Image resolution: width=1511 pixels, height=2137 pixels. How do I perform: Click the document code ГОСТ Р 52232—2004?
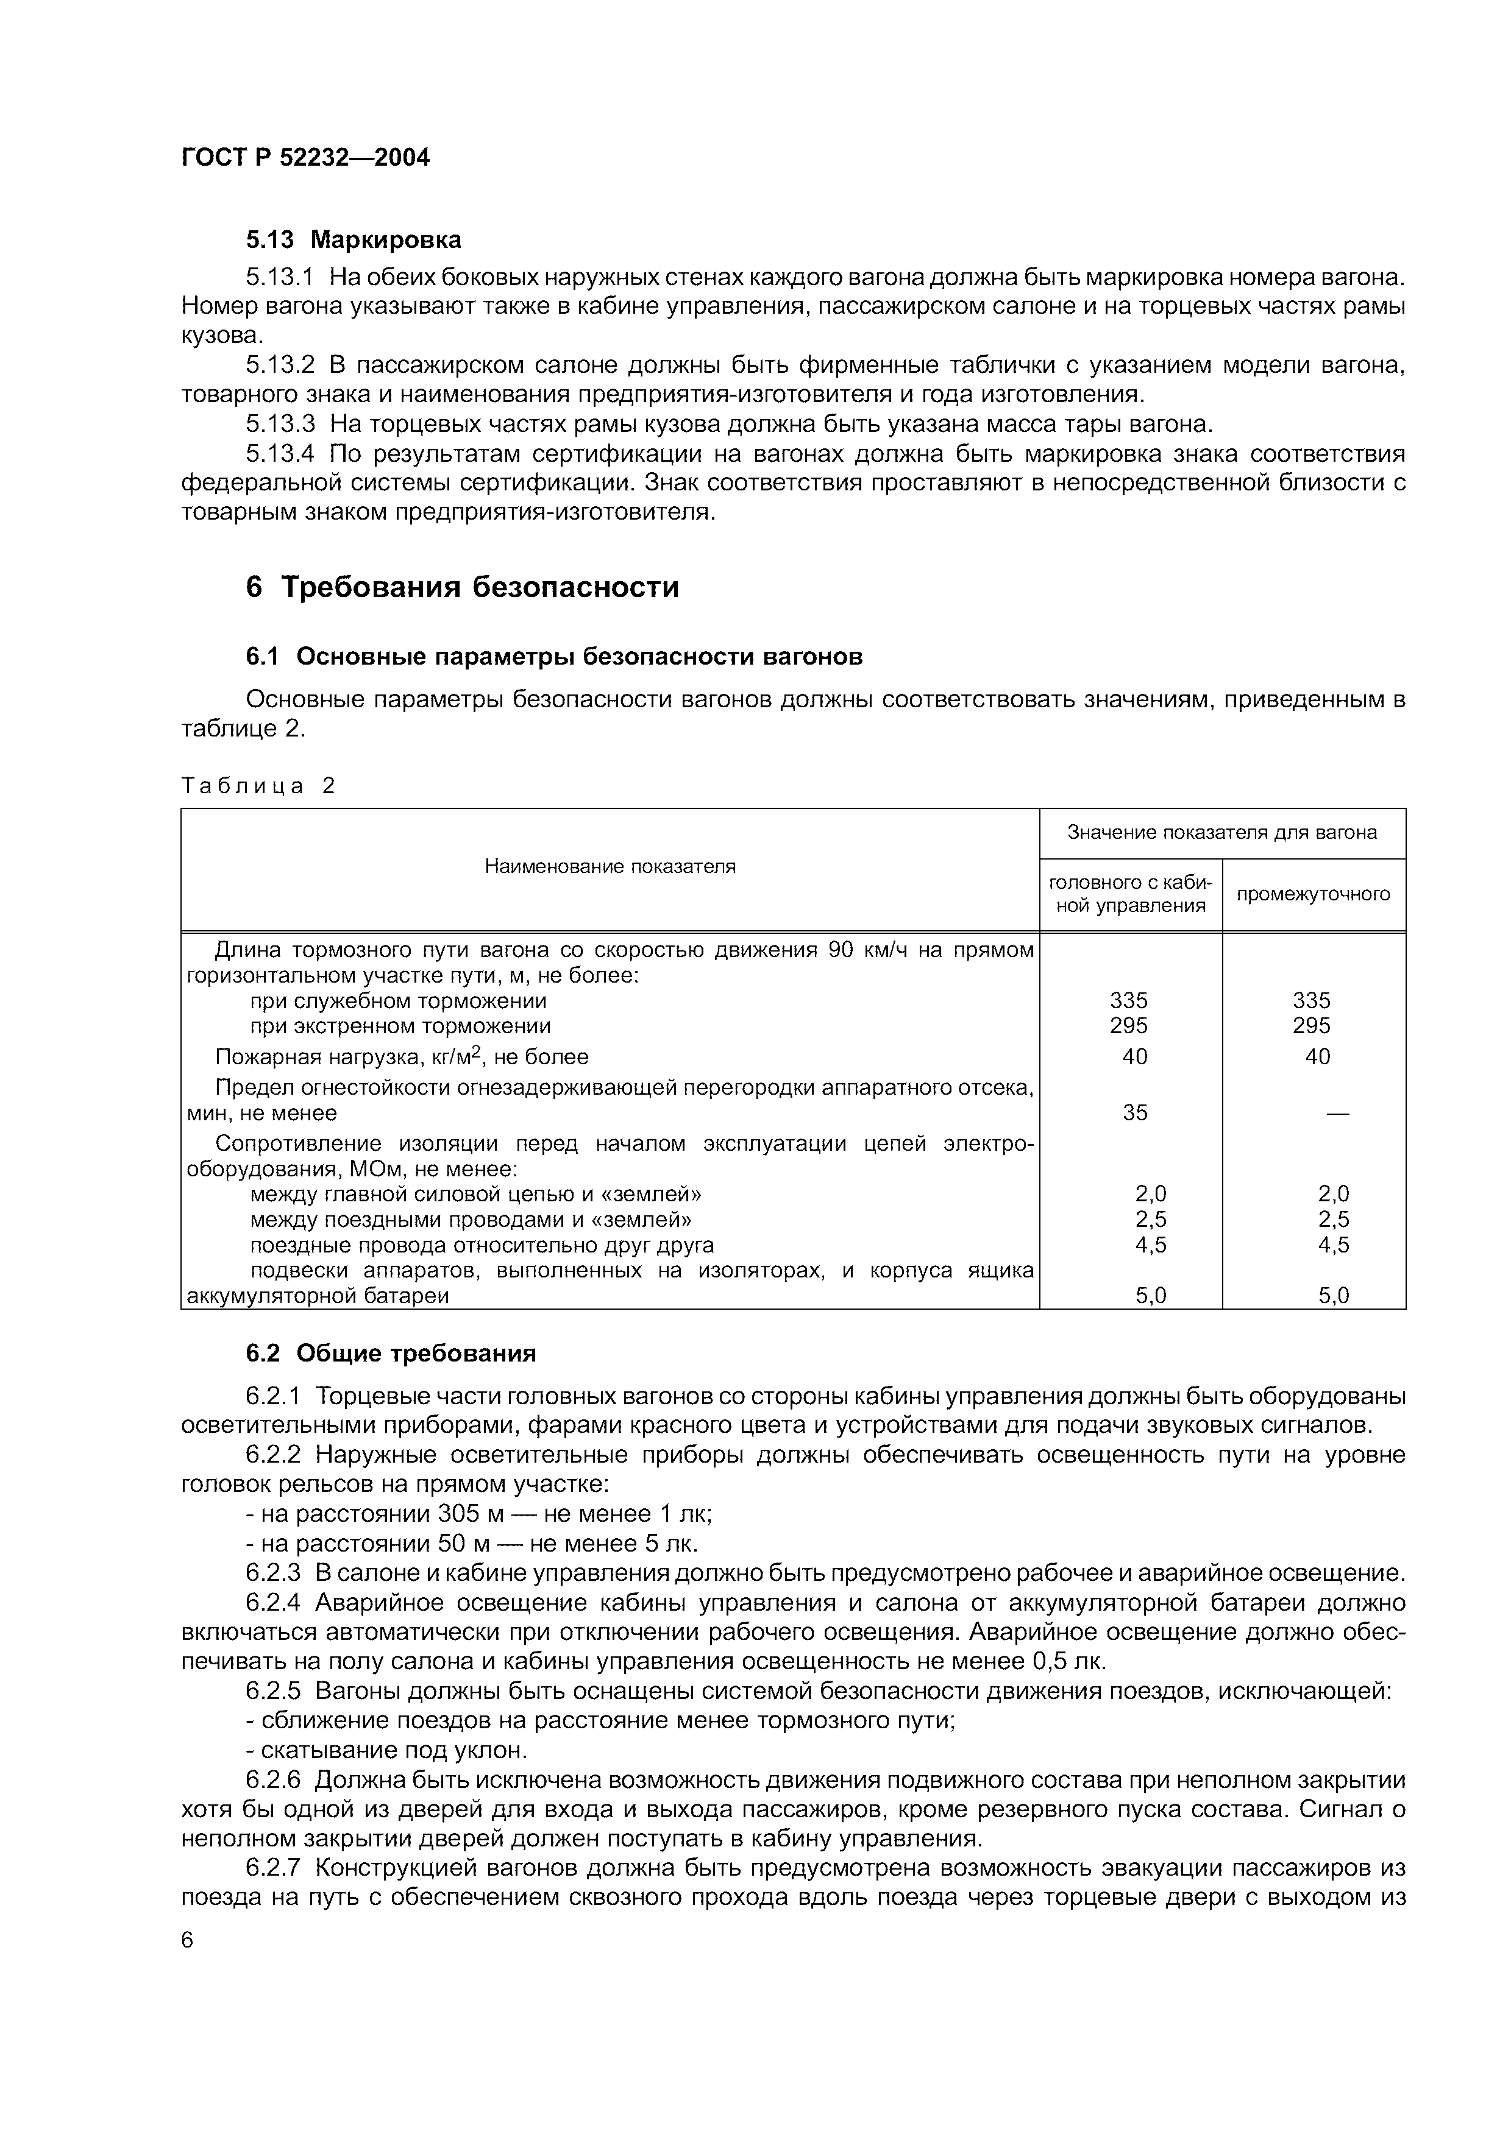(x=305, y=157)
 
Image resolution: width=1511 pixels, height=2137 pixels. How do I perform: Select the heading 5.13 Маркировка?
(x=353, y=240)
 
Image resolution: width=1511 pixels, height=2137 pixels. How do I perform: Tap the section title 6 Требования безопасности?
(x=462, y=587)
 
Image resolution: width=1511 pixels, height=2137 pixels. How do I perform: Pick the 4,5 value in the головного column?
(x=1151, y=1245)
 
